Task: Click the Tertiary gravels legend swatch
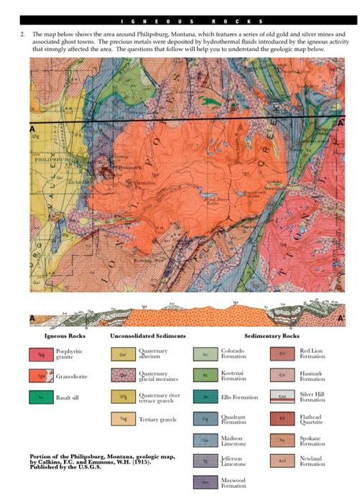[123, 417]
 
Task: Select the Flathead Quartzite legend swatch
[284, 417]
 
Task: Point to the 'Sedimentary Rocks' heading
[272, 336]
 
